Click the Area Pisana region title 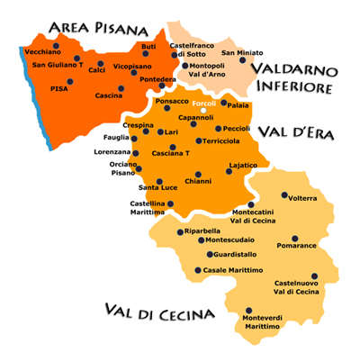(100, 26)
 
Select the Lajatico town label (244, 166)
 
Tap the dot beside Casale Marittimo (198, 268)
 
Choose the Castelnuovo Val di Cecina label (296, 286)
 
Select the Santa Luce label (157, 187)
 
